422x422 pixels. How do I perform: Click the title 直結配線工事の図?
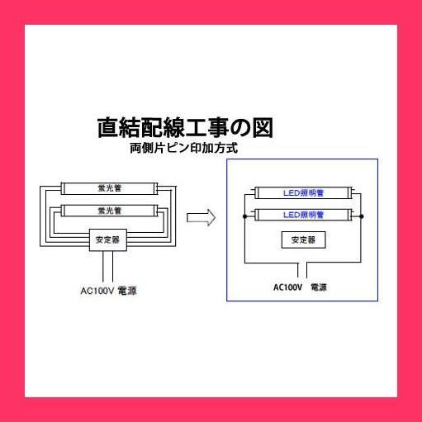(x=185, y=128)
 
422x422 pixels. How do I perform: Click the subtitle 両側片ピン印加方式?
(x=184, y=149)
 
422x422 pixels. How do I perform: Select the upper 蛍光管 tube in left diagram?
(x=109, y=188)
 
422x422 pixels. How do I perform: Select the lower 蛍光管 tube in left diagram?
(x=109, y=211)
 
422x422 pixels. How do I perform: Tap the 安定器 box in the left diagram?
(x=108, y=239)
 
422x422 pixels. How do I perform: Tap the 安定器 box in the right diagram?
(x=303, y=239)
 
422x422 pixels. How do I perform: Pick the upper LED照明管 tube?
(x=303, y=192)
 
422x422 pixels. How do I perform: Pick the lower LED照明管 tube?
(x=303, y=215)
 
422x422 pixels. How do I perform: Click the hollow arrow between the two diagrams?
(x=201, y=217)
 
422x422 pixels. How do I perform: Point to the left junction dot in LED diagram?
(x=244, y=216)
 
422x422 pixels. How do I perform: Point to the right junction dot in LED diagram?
(x=362, y=216)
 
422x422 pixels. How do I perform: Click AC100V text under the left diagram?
(x=97, y=291)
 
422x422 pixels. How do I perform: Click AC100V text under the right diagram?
(x=287, y=287)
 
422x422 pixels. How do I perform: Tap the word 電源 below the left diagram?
(x=127, y=291)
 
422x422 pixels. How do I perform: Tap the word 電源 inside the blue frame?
(x=319, y=287)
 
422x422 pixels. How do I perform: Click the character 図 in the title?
(x=263, y=128)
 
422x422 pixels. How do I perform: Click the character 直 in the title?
(x=108, y=128)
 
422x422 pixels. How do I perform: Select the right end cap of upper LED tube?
(x=350, y=192)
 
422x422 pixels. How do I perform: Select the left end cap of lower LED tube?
(x=257, y=215)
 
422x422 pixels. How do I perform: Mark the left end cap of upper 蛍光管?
(x=62, y=188)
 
